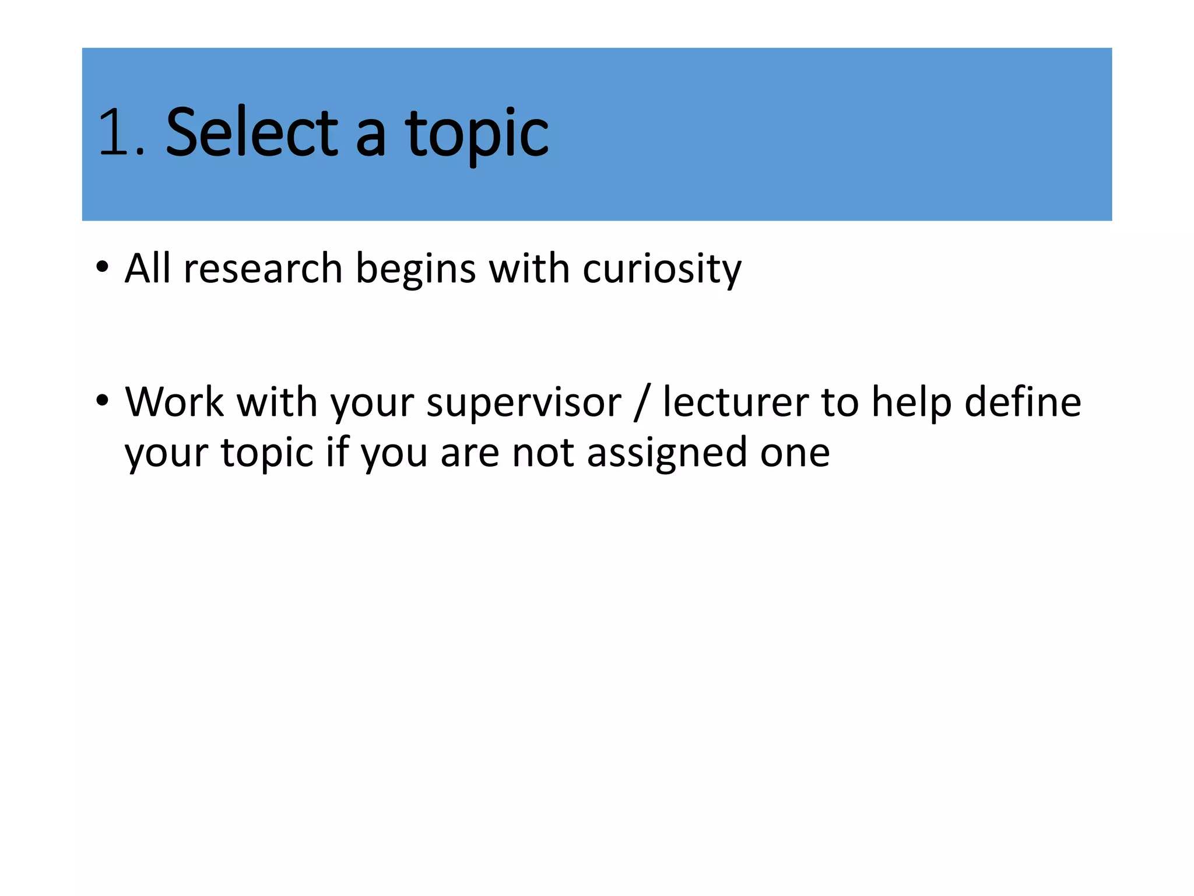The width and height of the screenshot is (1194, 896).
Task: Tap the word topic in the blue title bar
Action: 477,135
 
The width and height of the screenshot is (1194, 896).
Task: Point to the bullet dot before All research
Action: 103,267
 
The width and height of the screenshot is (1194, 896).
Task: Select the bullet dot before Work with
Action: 103,401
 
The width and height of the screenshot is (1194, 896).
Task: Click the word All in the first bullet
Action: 148,268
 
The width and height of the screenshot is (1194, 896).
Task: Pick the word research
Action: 263,268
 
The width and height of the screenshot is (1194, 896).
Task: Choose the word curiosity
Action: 662,269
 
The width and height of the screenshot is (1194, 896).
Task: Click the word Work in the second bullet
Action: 174,402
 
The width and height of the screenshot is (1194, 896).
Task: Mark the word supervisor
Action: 524,404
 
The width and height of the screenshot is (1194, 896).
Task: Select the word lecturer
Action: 736,402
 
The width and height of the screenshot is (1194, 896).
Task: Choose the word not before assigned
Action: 543,453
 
